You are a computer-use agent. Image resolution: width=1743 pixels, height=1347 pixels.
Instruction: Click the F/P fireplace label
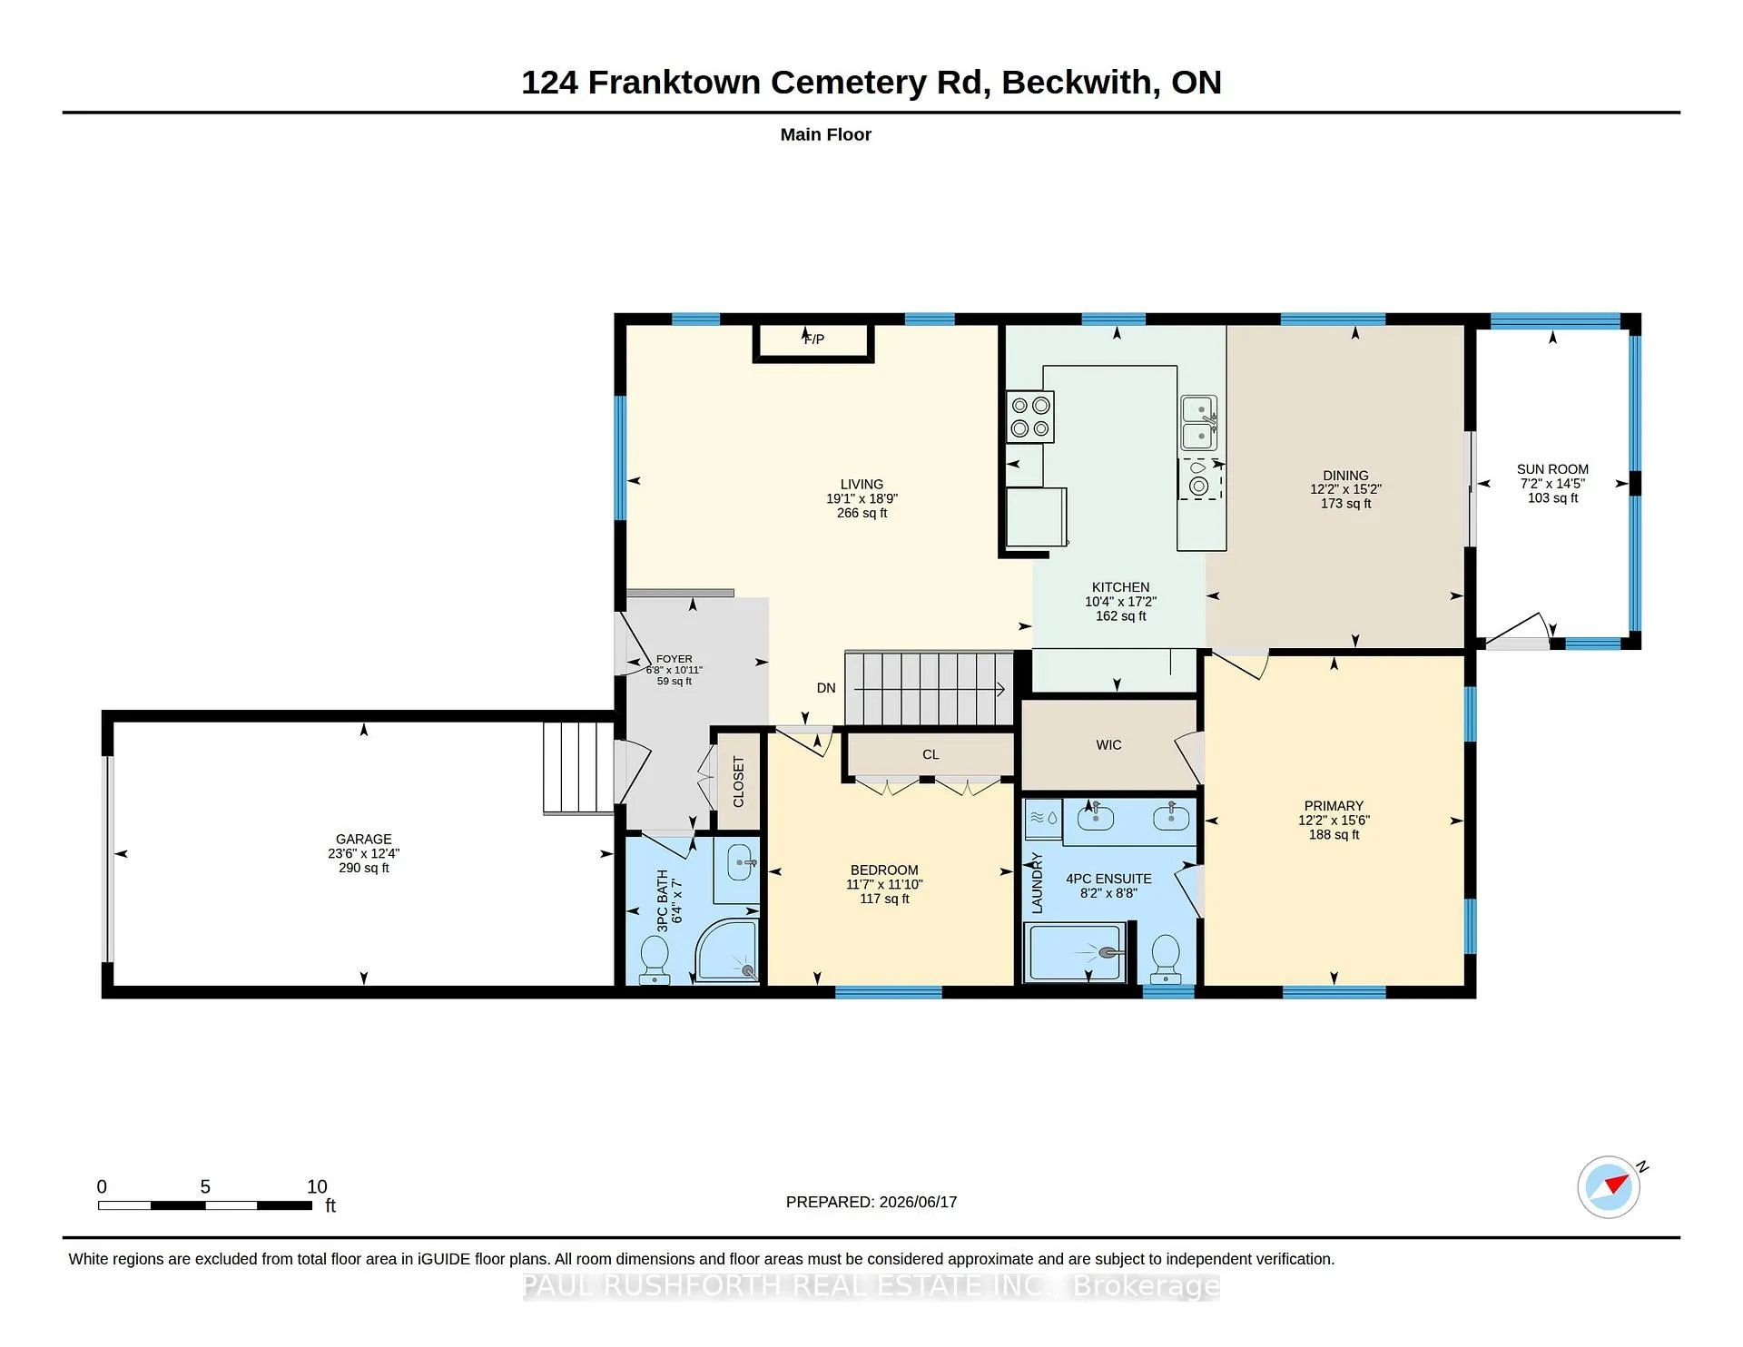[x=814, y=339]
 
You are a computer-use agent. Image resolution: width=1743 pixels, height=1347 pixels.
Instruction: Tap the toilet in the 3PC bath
[x=655, y=960]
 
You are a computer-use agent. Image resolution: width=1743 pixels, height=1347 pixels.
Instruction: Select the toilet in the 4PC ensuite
[x=1165, y=960]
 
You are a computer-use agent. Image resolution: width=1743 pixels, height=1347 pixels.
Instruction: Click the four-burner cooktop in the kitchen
[x=1030, y=417]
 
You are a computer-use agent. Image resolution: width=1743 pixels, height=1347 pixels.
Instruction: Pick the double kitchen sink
[x=1198, y=423]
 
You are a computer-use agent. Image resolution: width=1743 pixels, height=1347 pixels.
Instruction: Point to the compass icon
[x=1609, y=1186]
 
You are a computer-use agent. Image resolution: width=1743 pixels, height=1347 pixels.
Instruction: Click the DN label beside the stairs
[x=826, y=688]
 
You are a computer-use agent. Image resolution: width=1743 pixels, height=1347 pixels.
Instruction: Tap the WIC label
[x=1108, y=745]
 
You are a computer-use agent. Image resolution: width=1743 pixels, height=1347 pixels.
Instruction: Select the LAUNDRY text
[x=1037, y=883]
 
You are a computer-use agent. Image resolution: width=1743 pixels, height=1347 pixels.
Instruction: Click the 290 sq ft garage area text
[x=364, y=869]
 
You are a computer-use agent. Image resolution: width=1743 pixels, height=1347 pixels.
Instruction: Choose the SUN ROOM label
[x=1552, y=469]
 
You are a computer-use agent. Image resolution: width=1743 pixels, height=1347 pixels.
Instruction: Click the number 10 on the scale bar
[x=317, y=1186]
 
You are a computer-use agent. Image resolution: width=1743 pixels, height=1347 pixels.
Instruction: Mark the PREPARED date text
[x=871, y=1202]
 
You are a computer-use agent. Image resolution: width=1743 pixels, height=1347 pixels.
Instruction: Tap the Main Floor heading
[x=826, y=134]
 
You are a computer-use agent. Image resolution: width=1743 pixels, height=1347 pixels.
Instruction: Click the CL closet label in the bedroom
[x=931, y=754]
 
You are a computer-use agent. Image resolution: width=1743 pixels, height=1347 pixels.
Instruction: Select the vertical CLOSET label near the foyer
[x=738, y=782]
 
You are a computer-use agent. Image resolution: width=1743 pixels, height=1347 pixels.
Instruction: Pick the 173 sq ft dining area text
[x=1345, y=504]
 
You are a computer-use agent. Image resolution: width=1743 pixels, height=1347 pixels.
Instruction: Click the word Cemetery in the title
[x=849, y=83]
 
